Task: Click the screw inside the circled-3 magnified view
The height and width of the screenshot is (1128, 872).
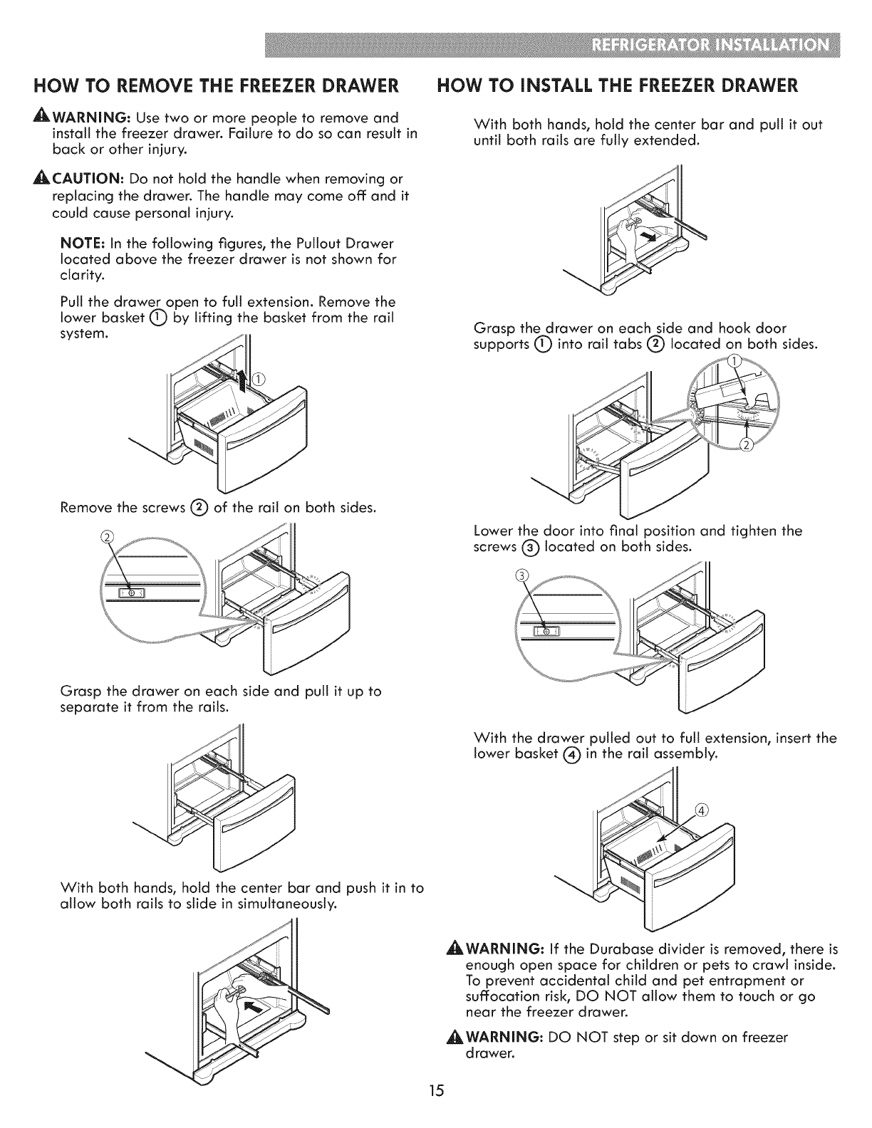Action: click(x=545, y=630)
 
